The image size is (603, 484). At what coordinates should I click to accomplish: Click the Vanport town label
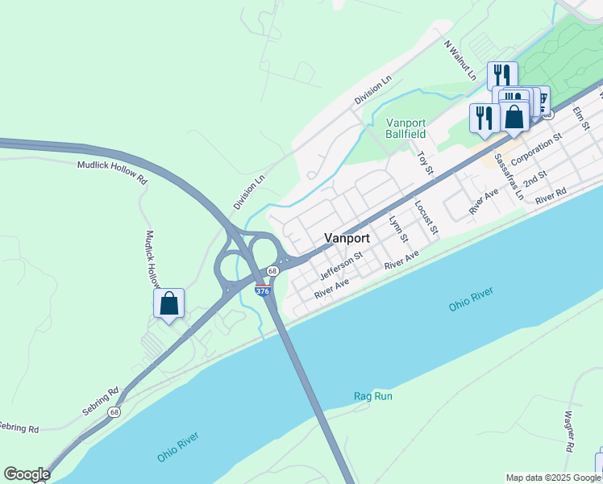[x=347, y=238]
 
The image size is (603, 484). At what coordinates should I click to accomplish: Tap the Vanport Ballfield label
[x=405, y=127]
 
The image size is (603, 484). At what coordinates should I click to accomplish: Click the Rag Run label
[x=372, y=396]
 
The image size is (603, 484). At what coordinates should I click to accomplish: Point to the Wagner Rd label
[x=569, y=431]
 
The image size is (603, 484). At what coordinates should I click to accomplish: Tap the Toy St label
[x=425, y=159]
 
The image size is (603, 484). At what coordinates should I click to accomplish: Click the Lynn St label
[x=398, y=228]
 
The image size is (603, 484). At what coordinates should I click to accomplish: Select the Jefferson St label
[x=341, y=265]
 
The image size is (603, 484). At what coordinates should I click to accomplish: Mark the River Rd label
[x=551, y=194]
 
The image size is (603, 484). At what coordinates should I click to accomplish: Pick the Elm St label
[x=581, y=118]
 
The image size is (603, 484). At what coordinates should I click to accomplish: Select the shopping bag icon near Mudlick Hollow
[x=169, y=304]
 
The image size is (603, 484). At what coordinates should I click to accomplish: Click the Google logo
[x=27, y=474]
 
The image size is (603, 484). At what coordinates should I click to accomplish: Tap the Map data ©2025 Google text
[x=552, y=478]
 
